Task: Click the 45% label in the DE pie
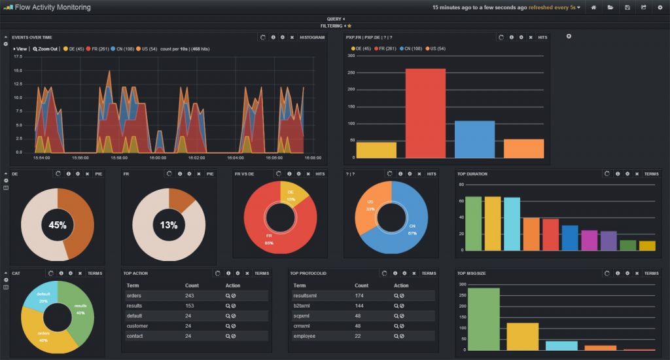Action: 58,225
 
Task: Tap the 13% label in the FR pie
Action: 169,225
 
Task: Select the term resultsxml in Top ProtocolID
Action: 305,296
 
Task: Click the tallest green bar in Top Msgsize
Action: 484,319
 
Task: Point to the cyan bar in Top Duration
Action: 512,224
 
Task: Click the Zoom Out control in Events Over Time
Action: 45,49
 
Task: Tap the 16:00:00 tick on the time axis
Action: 158,158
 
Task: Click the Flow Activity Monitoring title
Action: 52,7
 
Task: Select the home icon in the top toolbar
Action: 593,7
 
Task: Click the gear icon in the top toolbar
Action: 660,7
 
